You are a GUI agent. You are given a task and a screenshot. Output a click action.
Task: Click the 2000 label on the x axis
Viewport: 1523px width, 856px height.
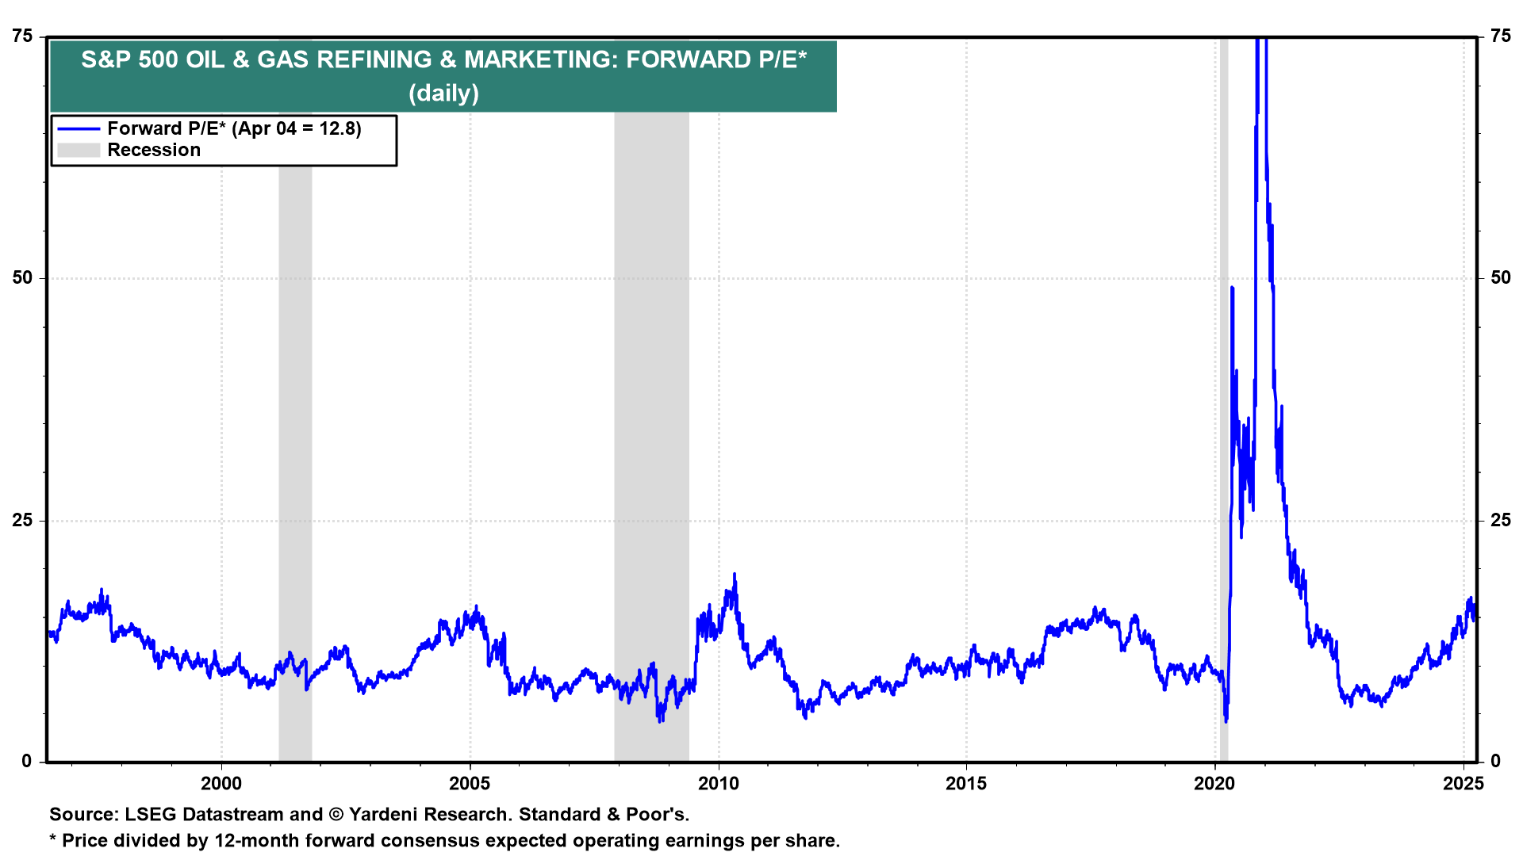(x=221, y=784)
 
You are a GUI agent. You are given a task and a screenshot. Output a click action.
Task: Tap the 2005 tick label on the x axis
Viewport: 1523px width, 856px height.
(x=470, y=784)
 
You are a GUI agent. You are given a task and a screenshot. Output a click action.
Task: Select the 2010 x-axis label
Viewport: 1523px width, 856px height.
(x=718, y=784)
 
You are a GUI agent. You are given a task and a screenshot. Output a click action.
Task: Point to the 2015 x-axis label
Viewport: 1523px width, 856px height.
(x=966, y=784)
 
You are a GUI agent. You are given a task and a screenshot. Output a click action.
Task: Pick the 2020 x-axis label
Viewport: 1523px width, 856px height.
(x=1214, y=784)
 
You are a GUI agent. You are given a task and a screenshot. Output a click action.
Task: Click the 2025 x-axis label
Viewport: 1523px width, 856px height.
(x=1463, y=784)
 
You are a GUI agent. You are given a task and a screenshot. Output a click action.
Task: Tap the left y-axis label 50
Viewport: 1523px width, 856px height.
(x=22, y=278)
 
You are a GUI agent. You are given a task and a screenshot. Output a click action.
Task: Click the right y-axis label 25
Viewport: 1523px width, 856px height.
(x=1500, y=521)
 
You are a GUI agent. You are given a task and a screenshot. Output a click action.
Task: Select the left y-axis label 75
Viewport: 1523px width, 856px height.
(x=22, y=36)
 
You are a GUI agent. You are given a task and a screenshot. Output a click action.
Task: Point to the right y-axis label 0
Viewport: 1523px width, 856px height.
(x=1495, y=762)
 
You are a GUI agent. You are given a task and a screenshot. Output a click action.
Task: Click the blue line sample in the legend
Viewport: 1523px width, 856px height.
(x=79, y=129)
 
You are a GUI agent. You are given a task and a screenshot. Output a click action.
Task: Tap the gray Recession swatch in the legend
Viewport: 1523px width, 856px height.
(x=79, y=151)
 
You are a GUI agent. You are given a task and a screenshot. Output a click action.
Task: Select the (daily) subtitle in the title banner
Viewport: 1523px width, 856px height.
(x=443, y=94)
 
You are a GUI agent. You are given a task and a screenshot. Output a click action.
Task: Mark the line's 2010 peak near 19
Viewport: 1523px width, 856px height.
(x=734, y=575)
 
